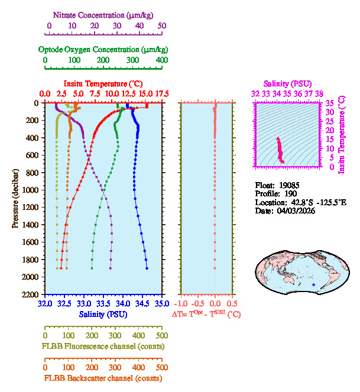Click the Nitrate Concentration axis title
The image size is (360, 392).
coord(105,14)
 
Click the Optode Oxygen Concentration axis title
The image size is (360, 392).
coord(103,49)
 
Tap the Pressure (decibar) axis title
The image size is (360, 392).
coord(15,198)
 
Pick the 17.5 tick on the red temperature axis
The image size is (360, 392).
coord(161,94)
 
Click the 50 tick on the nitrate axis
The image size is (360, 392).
coord(162,26)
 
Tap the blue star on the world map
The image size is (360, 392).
coord(313,285)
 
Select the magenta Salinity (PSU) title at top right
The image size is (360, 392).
coord(287,84)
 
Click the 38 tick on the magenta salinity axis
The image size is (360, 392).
coord(319,94)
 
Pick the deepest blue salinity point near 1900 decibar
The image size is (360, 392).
coord(147,268)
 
